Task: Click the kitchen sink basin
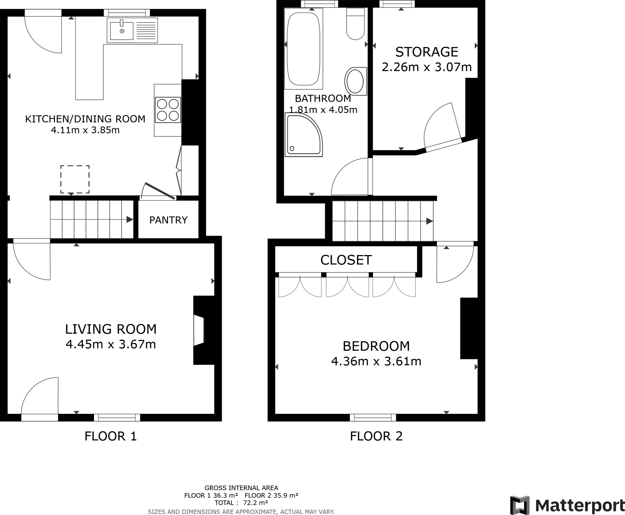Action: tap(121, 31)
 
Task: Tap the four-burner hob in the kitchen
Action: tap(168, 110)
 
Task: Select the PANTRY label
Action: tap(168, 220)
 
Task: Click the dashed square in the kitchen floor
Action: tap(75, 180)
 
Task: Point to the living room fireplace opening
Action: tap(199, 331)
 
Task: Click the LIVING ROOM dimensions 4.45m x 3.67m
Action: tap(111, 344)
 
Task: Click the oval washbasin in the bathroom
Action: tap(356, 82)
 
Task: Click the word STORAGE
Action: tap(427, 52)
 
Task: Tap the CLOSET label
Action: tap(346, 260)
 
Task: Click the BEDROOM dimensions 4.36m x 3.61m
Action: tap(376, 361)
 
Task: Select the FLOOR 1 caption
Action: tap(110, 436)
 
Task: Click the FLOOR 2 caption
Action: tap(376, 436)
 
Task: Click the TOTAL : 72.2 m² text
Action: tap(241, 503)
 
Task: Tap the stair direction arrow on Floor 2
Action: tap(429, 221)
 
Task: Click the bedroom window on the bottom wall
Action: tap(373, 417)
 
